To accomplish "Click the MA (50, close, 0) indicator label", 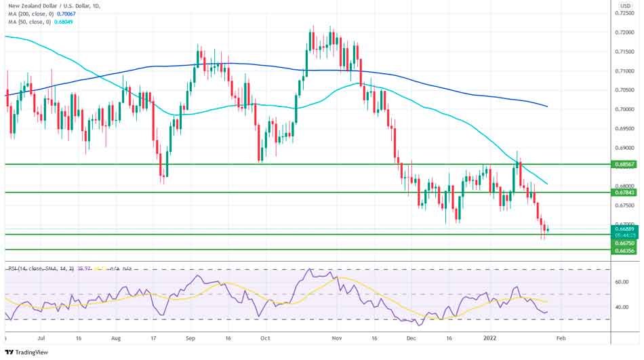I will coord(38,22).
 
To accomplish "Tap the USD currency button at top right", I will coord(625,5).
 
